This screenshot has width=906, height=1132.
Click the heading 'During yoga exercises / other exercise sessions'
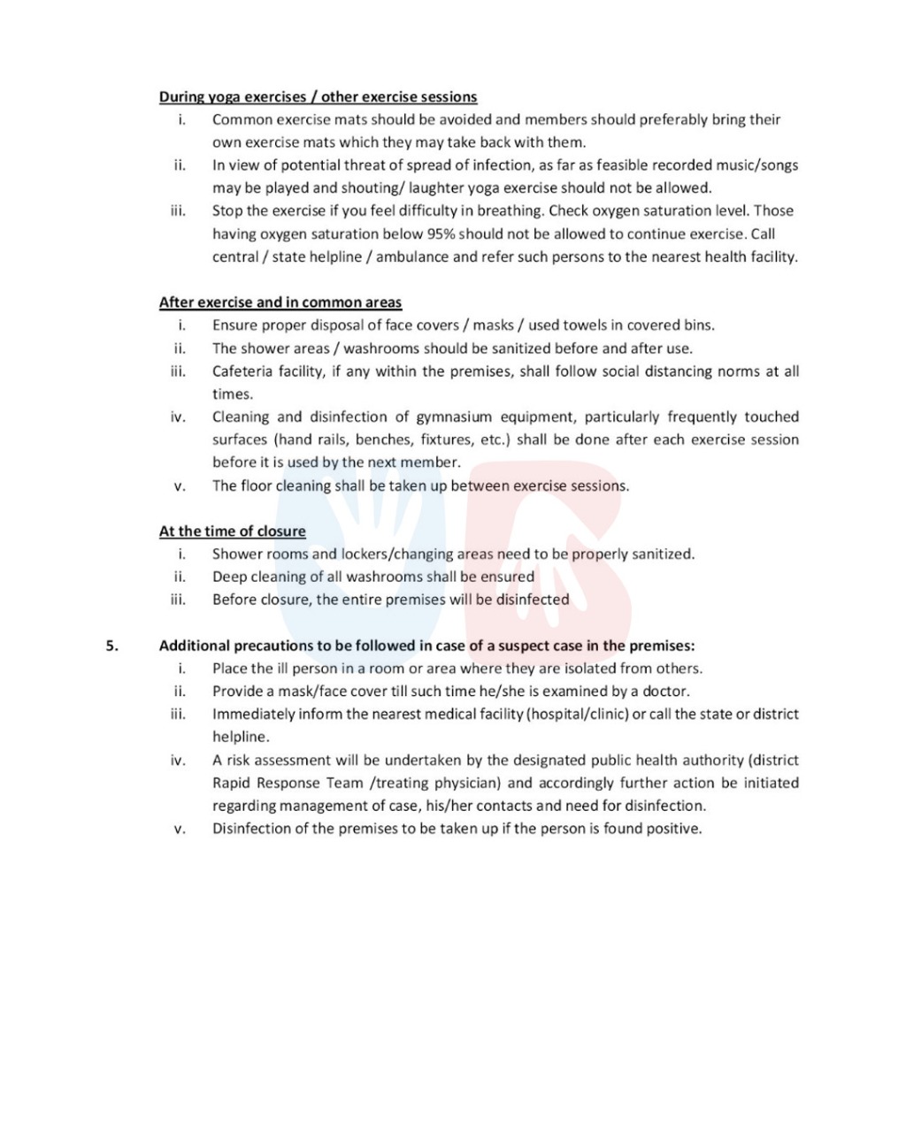tap(318, 97)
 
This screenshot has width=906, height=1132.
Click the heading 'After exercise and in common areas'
tap(280, 302)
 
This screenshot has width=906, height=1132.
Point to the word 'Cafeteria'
tap(242, 371)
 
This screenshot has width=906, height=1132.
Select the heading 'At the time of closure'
tap(232, 532)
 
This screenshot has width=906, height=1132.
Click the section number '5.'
tap(112, 646)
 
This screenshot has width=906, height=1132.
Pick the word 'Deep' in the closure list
tap(229, 577)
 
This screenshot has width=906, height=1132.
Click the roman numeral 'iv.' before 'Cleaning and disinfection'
tap(179, 417)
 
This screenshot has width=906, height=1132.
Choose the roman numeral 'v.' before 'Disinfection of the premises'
tap(180, 830)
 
